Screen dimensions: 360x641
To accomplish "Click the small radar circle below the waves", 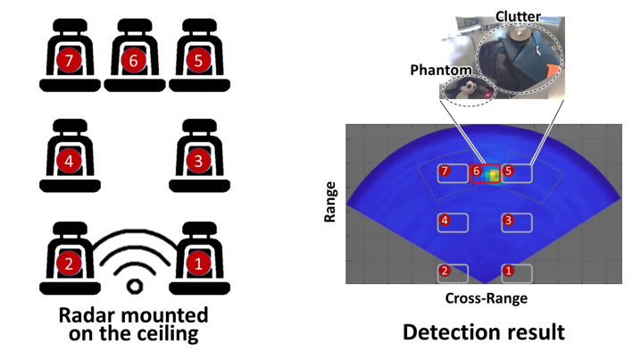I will point(135,286).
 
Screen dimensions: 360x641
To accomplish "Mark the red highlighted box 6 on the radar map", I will point(486,173).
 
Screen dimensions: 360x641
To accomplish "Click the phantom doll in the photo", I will point(467,88).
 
